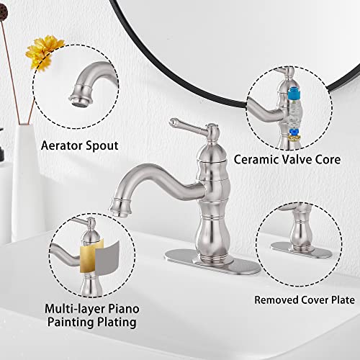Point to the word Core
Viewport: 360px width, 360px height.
pos(325,158)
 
